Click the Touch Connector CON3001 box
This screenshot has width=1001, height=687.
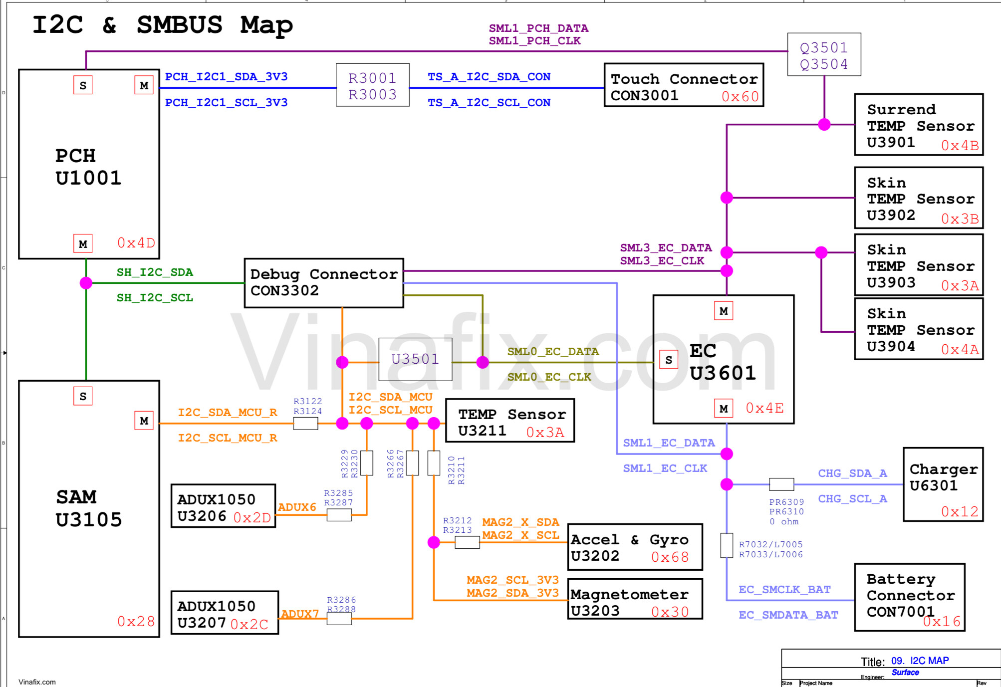[x=684, y=85]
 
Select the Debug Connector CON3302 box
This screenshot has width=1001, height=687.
[x=324, y=283]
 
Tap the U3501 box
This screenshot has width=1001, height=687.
[x=415, y=359]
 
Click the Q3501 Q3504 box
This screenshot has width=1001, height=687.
[x=824, y=55]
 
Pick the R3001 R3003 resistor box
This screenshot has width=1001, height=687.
[x=373, y=85]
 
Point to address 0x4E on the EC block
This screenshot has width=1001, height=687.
[x=764, y=408]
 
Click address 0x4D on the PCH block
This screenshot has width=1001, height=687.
[x=136, y=243]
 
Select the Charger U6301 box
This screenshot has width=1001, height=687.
[x=943, y=484]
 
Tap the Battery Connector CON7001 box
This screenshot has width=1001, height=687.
[x=910, y=597]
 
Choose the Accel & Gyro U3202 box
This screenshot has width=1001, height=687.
[x=635, y=547]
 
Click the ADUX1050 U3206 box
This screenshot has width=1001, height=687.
[x=223, y=506]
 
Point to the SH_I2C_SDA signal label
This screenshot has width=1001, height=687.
[x=155, y=272]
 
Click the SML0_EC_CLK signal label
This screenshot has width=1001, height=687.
[x=549, y=377]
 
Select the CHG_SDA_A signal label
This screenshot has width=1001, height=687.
[x=852, y=473]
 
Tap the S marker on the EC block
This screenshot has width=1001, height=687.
[x=669, y=360]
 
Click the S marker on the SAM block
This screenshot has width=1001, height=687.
[x=83, y=396]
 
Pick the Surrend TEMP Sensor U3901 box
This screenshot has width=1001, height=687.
[x=919, y=125]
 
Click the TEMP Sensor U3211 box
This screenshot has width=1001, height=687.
[x=509, y=421]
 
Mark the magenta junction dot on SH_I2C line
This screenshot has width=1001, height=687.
[x=86, y=283]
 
